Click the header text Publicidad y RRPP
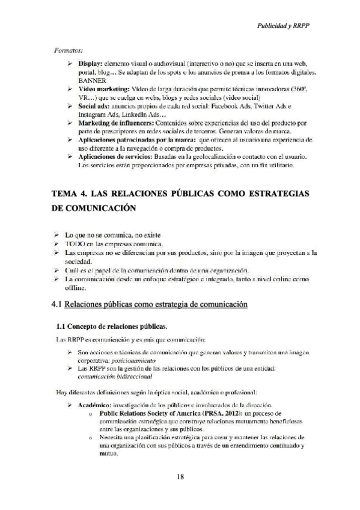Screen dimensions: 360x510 (x=287, y=27)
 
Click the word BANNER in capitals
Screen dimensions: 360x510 (x=92, y=80)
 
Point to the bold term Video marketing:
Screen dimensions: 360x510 (x=103, y=89)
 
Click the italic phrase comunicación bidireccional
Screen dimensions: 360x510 (x=115, y=376)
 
